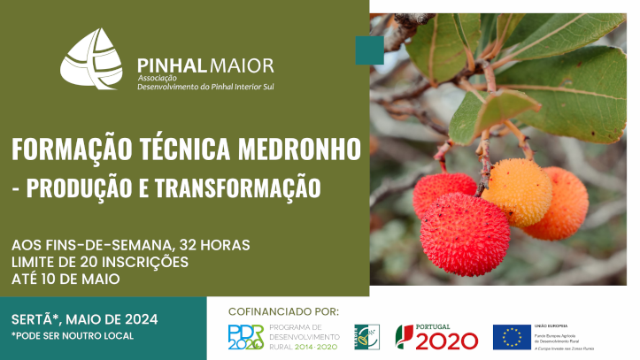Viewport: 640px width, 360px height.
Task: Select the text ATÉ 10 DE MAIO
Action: tap(66, 280)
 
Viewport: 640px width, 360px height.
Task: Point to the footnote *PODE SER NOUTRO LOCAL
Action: tap(73, 336)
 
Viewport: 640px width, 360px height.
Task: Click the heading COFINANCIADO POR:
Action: tap(283, 311)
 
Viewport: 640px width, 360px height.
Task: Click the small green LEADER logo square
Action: tap(367, 337)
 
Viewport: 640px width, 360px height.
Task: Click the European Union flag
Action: tap(512, 337)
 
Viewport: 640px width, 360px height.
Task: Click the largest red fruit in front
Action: tap(465, 234)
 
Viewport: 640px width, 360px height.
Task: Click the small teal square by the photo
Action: tap(369, 50)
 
